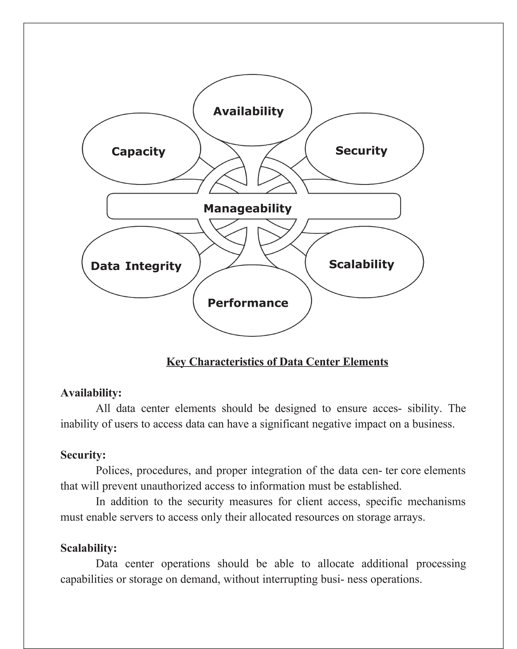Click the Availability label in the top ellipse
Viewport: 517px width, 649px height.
(x=248, y=111)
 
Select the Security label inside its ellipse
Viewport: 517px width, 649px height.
(x=361, y=150)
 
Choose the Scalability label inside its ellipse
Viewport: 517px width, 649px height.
(x=361, y=264)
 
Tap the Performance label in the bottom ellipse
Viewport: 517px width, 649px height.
(x=248, y=303)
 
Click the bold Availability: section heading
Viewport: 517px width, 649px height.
(x=91, y=393)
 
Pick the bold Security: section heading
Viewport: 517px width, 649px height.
(x=83, y=454)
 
